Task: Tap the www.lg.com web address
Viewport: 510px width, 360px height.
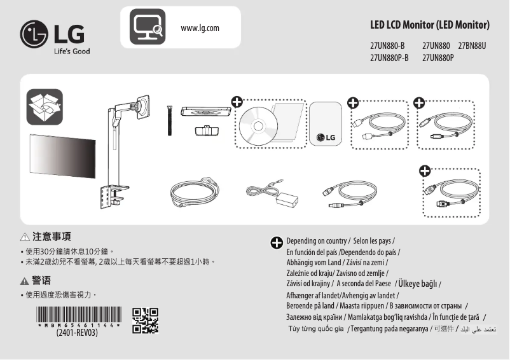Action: [x=200, y=28]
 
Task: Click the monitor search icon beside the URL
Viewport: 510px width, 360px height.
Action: [x=148, y=27]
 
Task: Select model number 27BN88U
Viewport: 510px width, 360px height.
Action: [x=472, y=46]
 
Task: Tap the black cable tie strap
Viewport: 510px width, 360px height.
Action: [x=170, y=120]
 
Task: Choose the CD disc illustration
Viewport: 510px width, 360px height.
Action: [x=257, y=126]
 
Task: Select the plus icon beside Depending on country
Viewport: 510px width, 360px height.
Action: [x=277, y=243]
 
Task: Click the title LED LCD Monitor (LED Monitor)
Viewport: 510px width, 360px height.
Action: [x=429, y=25]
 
